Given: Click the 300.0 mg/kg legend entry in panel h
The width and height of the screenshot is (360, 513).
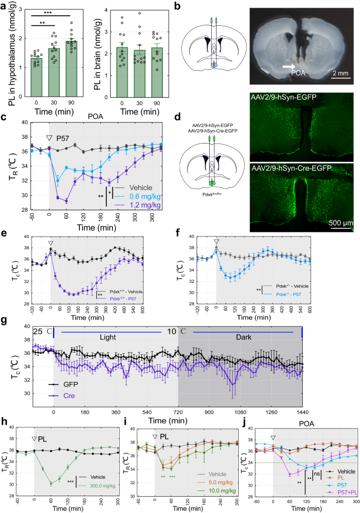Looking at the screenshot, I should pyautogui.click(x=96, y=495).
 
